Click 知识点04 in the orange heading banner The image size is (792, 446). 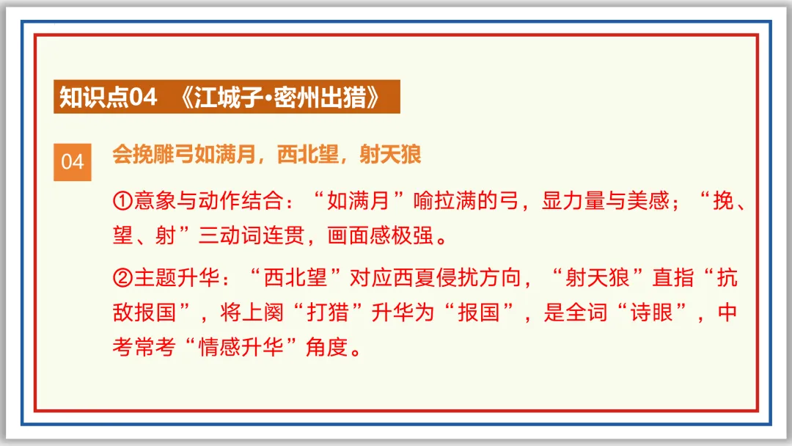coord(109,97)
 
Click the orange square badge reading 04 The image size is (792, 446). coord(73,161)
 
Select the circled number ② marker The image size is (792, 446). coord(122,278)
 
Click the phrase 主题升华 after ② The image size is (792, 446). coord(169,278)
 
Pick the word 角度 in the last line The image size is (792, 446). coord(326,348)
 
